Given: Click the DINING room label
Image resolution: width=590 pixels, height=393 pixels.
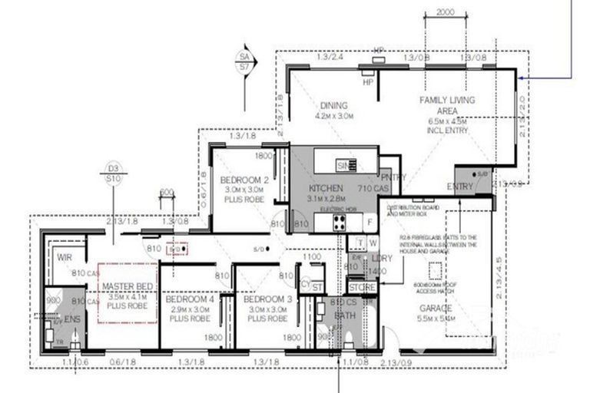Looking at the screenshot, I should point(334,106).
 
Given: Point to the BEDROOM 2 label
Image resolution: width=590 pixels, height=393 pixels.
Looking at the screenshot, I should point(244,180).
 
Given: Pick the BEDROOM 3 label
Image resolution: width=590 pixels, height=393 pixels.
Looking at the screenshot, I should point(265,299).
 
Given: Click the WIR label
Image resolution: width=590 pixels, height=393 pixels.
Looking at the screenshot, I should point(65,258).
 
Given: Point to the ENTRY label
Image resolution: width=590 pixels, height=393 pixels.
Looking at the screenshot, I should point(459,187).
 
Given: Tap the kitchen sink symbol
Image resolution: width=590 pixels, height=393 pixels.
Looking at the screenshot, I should point(345,165).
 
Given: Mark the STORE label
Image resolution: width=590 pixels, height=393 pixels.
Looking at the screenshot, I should point(361,288).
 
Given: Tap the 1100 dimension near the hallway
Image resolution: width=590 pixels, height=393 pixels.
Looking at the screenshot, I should point(312,257).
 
